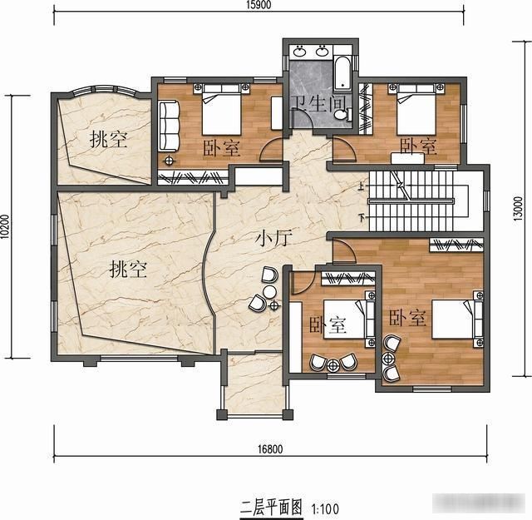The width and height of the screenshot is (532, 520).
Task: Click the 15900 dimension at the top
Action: [x=257, y=5]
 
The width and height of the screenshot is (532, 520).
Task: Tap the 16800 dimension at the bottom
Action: [x=270, y=449]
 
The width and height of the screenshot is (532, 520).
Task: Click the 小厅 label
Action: [x=270, y=240]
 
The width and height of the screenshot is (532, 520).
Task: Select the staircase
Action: [x=412, y=200]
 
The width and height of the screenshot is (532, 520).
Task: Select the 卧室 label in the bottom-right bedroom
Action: [x=407, y=318]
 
